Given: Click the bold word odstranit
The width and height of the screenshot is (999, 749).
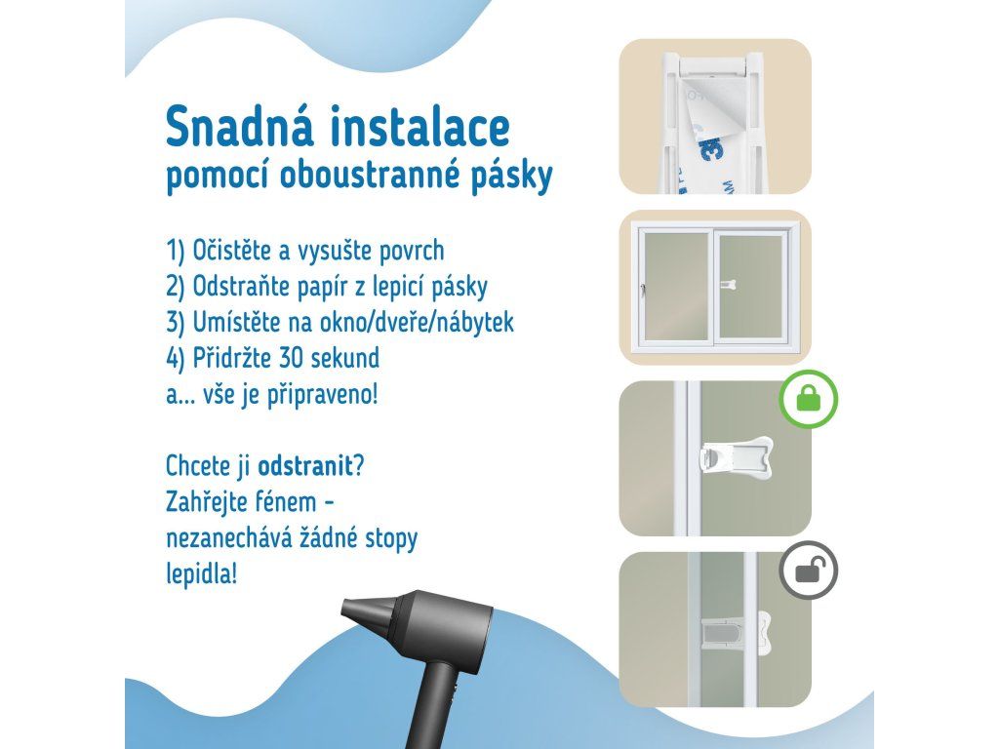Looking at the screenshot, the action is (305, 466).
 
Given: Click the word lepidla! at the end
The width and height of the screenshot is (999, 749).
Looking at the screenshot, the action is (201, 574).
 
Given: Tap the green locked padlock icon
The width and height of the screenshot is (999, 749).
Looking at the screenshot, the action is (809, 399).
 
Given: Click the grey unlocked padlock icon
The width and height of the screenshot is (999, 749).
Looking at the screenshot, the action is (809, 570).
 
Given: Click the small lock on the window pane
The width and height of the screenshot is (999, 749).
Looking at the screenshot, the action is (729, 285).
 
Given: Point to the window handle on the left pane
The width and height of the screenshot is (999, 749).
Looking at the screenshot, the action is (644, 290).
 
